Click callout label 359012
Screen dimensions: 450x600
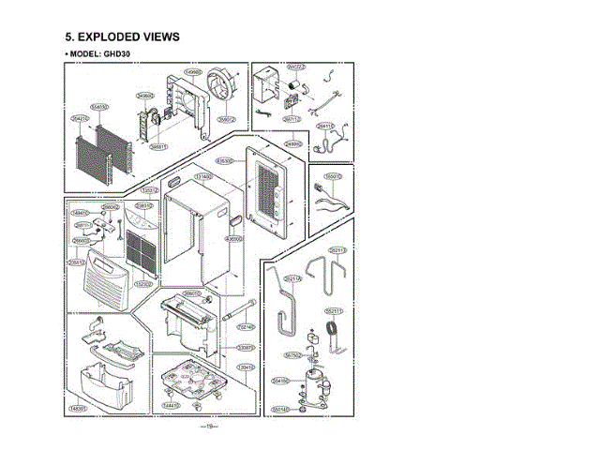(x=227, y=120)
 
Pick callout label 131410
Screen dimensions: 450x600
(x=202, y=176)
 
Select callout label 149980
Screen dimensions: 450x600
(x=194, y=72)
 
